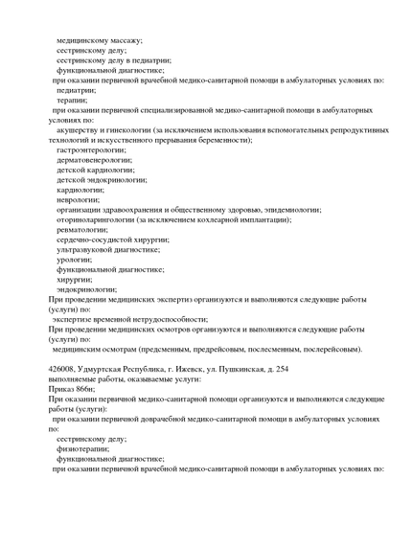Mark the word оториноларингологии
click(x=101, y=219)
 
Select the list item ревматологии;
click(x=82, y=229)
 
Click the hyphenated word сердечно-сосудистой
click(x=96, y=240)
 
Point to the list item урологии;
click(x=74, y=259)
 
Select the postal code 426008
click(x=61, y=369)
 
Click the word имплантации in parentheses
click(x=270, y=219)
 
